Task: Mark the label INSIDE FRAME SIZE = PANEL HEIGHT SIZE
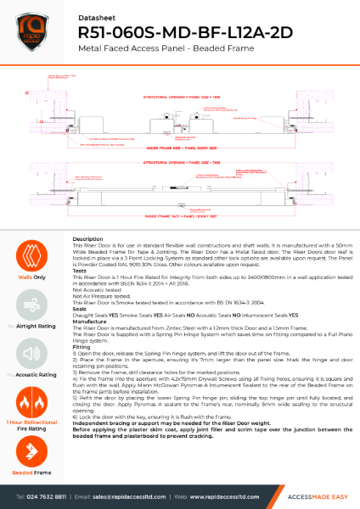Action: click(x=181, y=216)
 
